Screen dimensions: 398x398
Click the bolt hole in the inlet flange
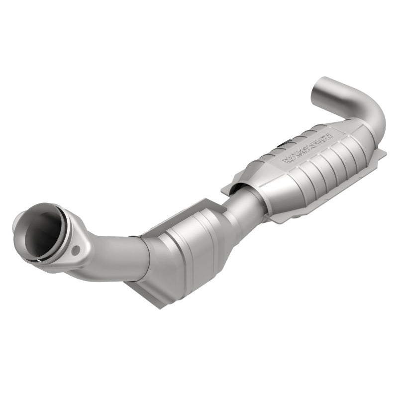[x=76, y=250]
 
